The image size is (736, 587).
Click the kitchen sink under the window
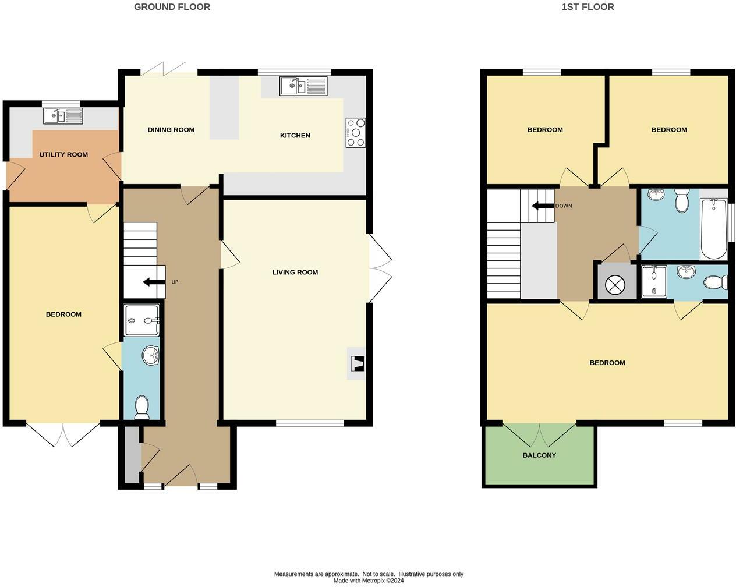(303, 87)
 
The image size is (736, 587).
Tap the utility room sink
(63, 116)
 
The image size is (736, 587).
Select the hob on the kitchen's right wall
(355, 133)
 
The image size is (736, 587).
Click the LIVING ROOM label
(295, 272)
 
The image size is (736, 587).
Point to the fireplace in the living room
(356, 364)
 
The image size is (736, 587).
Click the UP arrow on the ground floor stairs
(154, 282)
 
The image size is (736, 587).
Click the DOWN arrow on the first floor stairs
(542, 206)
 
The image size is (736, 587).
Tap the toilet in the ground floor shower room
(141, 407)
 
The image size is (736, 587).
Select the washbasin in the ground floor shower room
(151, 355)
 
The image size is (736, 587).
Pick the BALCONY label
(539, 455)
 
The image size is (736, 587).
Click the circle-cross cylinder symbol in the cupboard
(614, 284)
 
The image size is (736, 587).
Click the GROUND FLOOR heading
(172, 7)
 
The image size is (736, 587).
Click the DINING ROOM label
(171, 130)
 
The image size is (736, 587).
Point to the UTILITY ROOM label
(63, 154)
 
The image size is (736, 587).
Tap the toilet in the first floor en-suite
(716, 282)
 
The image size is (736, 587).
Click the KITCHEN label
(295, 135)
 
